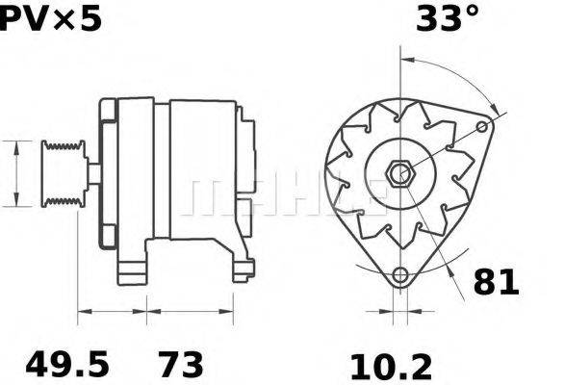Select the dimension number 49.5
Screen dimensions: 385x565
[x=64, y=365]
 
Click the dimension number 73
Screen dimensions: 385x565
[x=180, y=365]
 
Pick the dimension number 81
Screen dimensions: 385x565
[x=496, y=282]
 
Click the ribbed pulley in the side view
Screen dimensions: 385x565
[x=64, y=172]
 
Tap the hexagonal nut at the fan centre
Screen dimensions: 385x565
[x=398, y=174]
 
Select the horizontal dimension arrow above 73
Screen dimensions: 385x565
[x=191, y=311]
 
